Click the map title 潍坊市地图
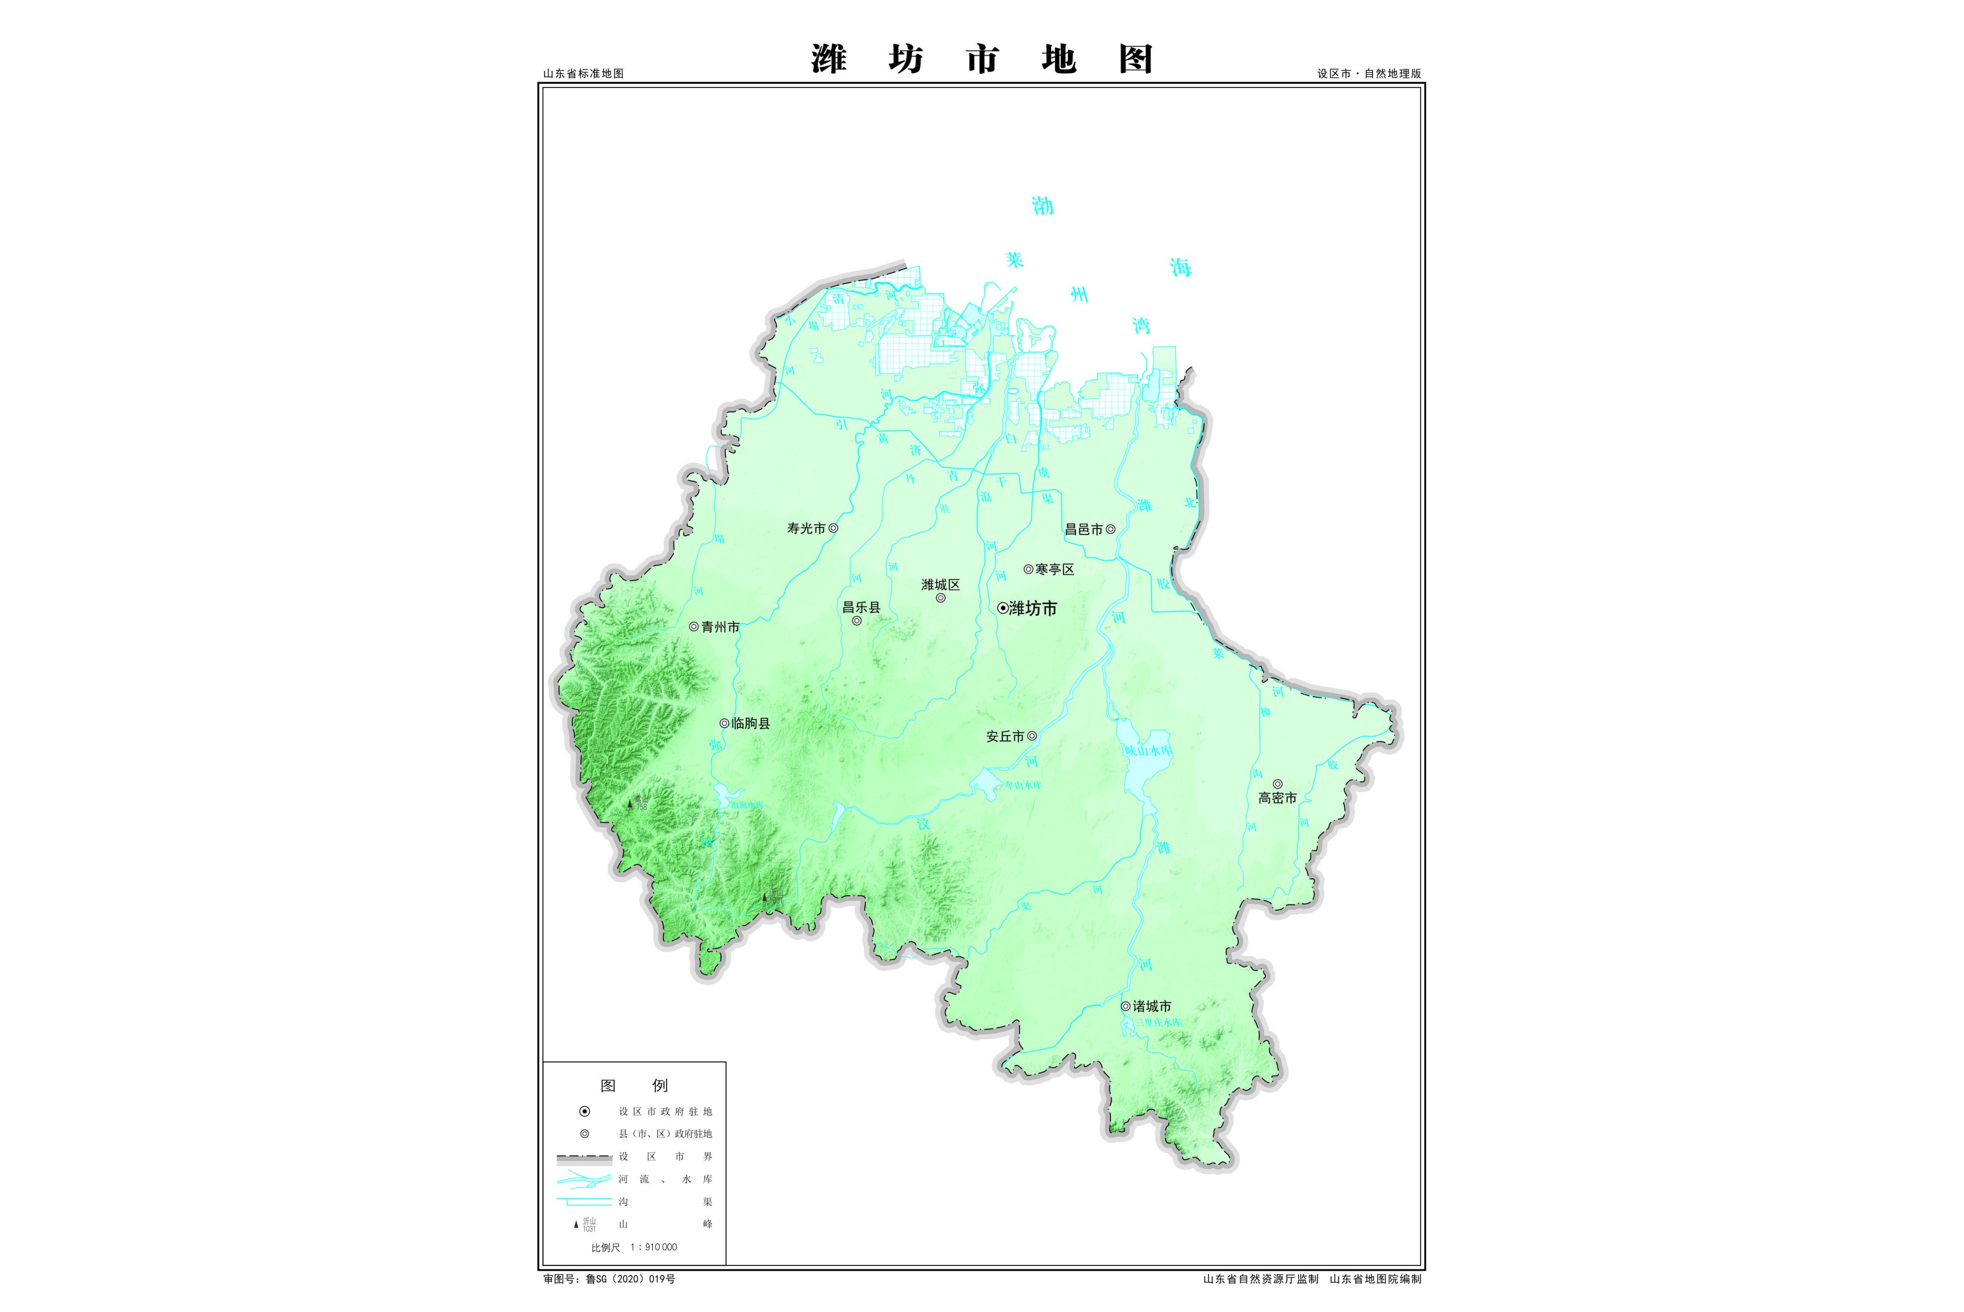click(982, 59)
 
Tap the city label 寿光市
click(806, 529)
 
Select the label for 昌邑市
click(1083, 530)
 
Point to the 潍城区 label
click(940, 585)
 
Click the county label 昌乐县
click(861, 607)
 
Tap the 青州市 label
click(720, 626)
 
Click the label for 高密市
click(1277, 798)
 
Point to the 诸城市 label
click(1152, 1006)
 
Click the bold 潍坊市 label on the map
click(1033, 609)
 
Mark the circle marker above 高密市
click(1277, 784)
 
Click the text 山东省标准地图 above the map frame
click(583, 73)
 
